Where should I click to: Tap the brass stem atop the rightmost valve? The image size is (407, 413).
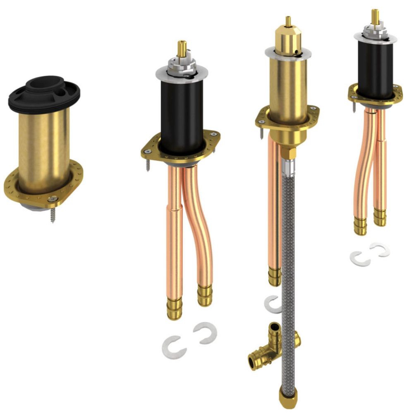(375, 17)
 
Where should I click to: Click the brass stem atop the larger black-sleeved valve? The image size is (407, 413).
(182, 48)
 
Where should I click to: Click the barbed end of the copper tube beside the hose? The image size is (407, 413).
(274, 277)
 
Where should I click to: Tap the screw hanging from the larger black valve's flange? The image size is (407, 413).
(148, 163)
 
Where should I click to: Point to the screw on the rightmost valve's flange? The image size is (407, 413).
(354, 107)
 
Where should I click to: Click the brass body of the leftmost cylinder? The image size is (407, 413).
(43, 140)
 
